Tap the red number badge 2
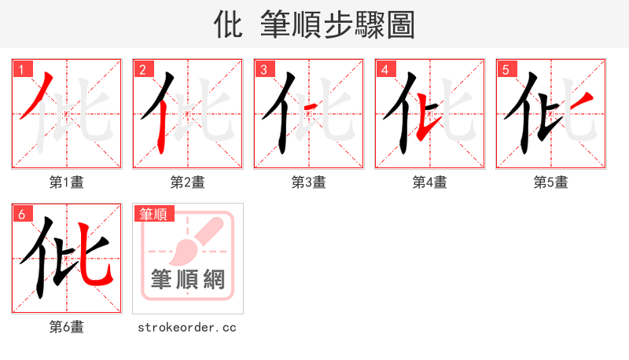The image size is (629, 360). coord(142,69)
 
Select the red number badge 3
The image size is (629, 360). coord(263,69)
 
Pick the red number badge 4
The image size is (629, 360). coord(384,69)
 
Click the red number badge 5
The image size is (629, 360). coord(506,69)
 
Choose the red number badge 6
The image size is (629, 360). coord(21,214)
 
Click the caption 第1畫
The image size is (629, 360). coord(67,182)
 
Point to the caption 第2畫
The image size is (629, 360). coord(188,182)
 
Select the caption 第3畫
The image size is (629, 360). coord(309,182)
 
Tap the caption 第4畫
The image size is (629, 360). coord(430,182)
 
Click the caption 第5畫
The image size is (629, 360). coord(551,182)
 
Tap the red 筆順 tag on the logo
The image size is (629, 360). coord(154,214)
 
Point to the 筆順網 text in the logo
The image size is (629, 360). coord(188,279)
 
